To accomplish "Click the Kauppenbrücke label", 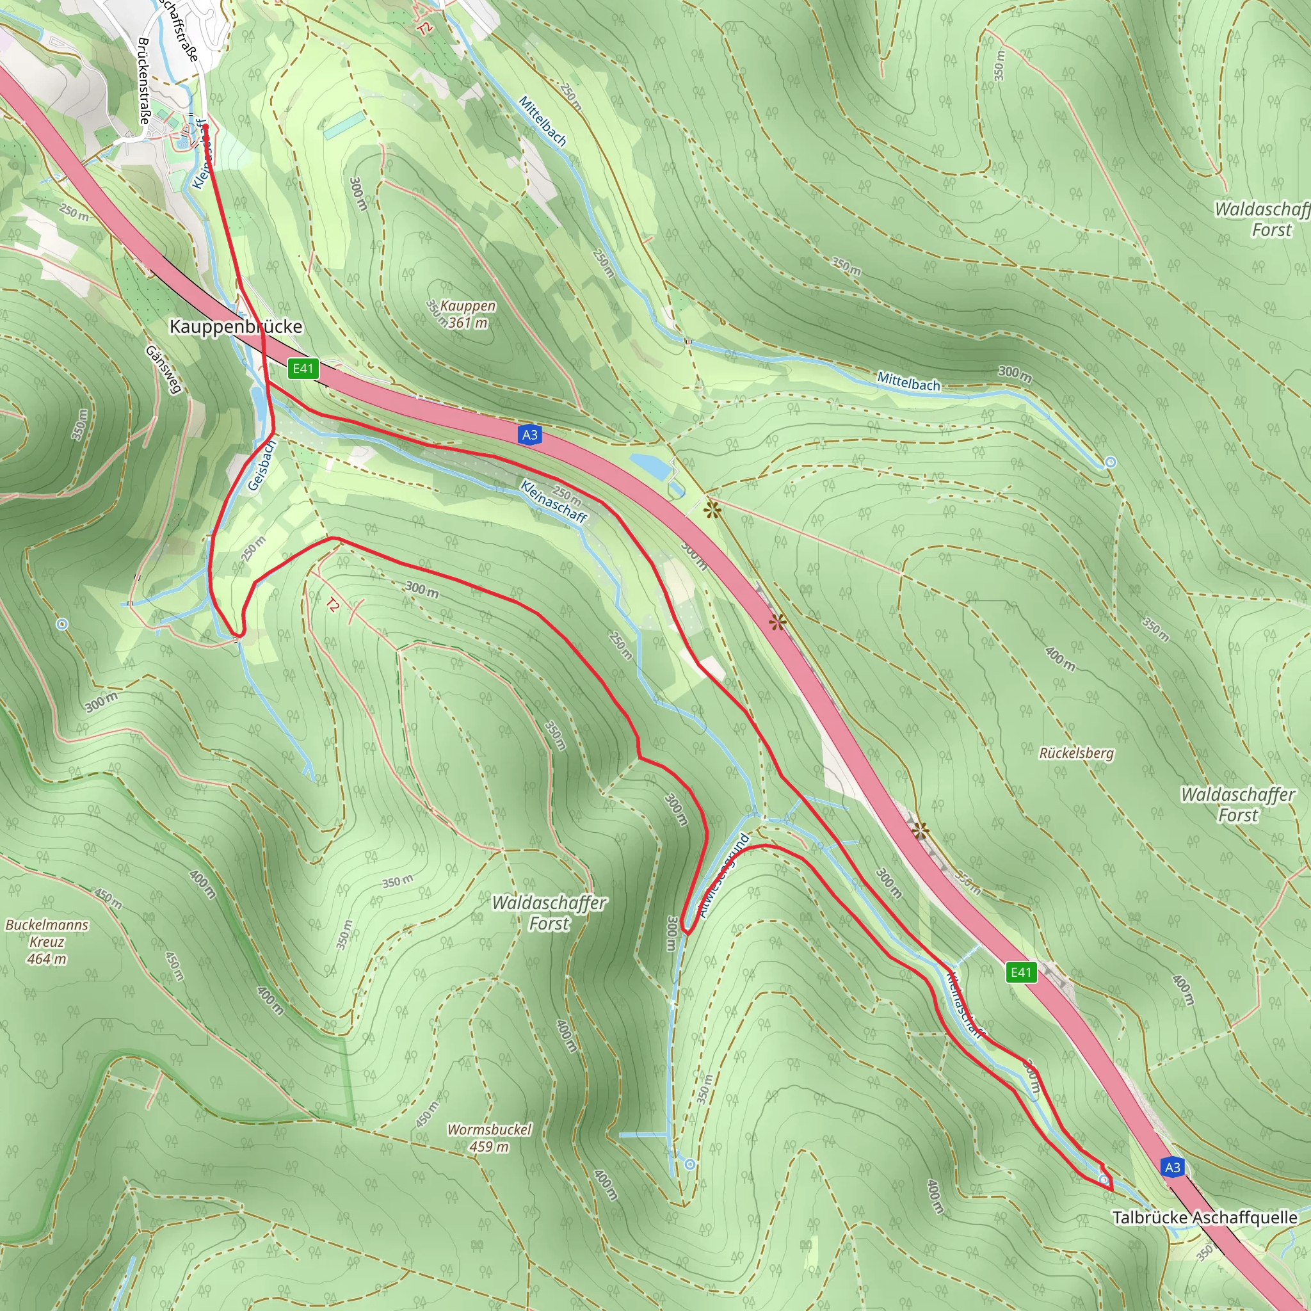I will tap(236, 326).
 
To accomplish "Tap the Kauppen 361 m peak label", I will tap(467, 314).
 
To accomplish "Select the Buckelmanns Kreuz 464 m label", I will tap(47, 941).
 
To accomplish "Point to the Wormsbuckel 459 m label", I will tap(489, 1138).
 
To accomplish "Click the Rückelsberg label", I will tap(1076, 753).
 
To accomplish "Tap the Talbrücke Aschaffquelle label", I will tap(1205, 1218).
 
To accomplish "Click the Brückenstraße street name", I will tap(145, 80).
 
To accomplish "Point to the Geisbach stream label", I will tap(262, 465).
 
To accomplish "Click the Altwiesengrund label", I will tap(725, 874).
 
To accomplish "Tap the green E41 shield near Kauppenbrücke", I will tap(303, 369).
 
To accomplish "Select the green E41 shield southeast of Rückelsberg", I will tap(1020, 972).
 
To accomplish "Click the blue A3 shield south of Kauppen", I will tap(530, 435).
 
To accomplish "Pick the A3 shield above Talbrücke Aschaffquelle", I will tap(1173, 1167).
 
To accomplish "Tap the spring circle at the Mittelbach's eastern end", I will tap(1110, 462).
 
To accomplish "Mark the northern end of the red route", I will tap(205, 127).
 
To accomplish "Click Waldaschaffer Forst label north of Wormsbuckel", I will tap(549, 913).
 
